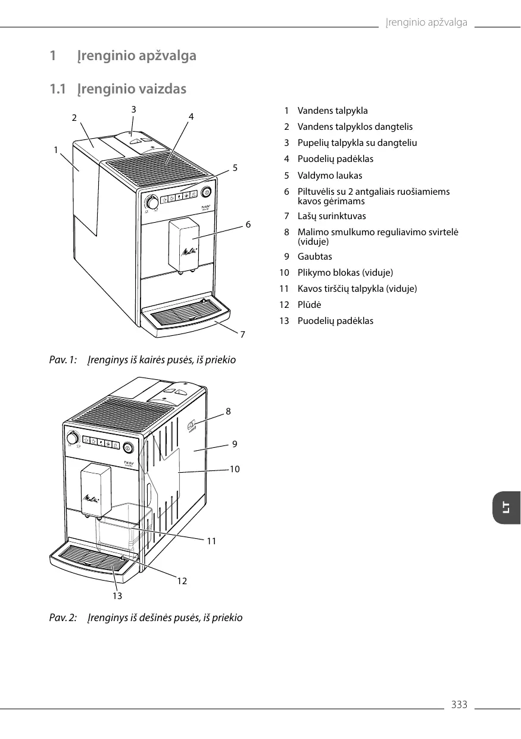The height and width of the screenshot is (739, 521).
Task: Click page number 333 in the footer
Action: coord(459,705)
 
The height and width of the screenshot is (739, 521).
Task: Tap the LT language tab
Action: coord(506,507)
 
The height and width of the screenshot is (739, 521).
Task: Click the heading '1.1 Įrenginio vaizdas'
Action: coord(118,89)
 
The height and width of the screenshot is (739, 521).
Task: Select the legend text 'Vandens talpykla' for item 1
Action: coord(332,111)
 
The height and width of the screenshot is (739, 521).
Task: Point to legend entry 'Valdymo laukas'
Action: coord(329,176)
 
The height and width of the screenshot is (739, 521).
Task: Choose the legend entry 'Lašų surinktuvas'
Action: coord(331,216)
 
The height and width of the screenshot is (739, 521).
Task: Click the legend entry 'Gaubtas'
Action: coord(314,257)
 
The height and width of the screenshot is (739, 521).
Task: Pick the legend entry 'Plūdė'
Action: coord(309,305)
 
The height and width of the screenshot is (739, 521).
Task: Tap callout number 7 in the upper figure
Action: coord(242,335)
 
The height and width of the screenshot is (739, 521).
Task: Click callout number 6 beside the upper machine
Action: coord(248,224)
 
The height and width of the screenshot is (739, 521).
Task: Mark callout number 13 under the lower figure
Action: coord(117,595)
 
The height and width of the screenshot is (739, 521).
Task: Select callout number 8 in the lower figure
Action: coord(228,411)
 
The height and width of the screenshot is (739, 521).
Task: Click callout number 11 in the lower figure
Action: coord(211,541)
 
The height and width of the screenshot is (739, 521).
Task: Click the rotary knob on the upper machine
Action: coord(153,203)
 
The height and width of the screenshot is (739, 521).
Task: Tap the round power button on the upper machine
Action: coord(207,192)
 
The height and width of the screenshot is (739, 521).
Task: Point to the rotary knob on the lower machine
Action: coord(73,439)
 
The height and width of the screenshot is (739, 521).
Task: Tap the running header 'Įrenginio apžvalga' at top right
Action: coord(426,23)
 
